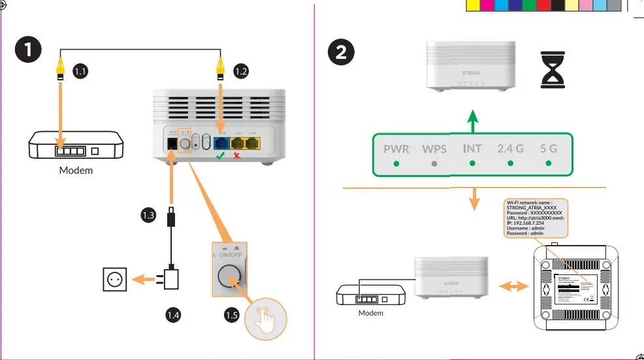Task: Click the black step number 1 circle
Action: tap(27, 51)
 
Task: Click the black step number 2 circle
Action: tap(341, 53)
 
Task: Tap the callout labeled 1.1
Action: tap(80, 71)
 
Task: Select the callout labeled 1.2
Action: tap(241, 71)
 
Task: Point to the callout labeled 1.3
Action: tap(148, 214)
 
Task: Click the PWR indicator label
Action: tap(396, 149)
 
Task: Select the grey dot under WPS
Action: tap(434, 164)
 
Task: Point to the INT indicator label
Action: tap(472, 149)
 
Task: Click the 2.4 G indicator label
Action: tap(509, 149)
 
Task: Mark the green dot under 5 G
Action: tap(548, 164)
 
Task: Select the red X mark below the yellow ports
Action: tap(239, 157)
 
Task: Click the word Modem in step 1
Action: tap(76, 171)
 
